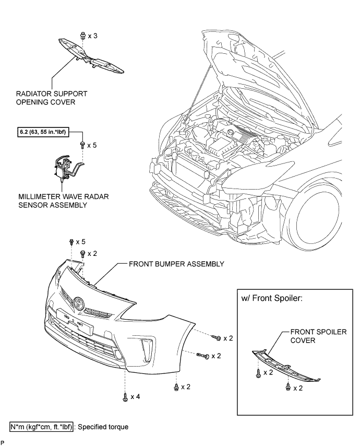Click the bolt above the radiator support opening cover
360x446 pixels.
click(82, 36)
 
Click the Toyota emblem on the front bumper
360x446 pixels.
click(78, 303)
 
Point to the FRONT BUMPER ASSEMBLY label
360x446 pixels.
click(176, 264)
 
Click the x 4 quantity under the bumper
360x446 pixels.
click(135, 396)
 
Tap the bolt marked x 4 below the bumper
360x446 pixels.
click(125, 397)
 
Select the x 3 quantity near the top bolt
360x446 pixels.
click(93, 36)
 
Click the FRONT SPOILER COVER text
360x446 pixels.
click(318, 336)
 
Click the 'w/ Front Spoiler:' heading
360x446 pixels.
click(272, 298)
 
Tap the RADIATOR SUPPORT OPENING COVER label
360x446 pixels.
click(52, 98)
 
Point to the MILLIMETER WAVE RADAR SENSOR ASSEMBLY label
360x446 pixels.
click(63, 201)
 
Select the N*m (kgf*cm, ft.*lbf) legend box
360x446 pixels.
click(42, 427)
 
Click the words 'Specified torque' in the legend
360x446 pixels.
click(103, 427)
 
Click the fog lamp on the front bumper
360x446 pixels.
click(118, 355)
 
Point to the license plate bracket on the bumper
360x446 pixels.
click(75, 321)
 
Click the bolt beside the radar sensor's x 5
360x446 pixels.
click(82, 145)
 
